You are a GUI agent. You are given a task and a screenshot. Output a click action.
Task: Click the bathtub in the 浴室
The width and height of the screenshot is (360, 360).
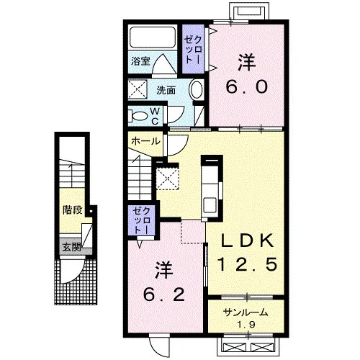[x=153, y=37]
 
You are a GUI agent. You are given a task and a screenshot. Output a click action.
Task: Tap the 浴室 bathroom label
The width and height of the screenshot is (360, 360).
[x=140, y=61]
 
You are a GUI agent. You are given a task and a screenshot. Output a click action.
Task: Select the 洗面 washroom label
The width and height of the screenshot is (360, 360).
[x=166, y=90]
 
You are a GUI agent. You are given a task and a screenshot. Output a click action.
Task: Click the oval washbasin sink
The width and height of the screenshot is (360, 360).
[x=197, y=90]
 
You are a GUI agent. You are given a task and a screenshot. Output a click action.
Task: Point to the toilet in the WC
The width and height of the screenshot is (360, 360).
[x=138, y=116]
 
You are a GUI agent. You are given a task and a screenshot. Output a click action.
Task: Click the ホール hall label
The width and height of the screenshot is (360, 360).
[x=145, y=141]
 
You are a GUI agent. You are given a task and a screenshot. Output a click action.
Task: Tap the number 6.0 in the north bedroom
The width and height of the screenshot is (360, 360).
[x=246, y=86]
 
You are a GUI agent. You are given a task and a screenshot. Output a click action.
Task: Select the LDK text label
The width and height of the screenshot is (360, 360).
[x=248, y=240]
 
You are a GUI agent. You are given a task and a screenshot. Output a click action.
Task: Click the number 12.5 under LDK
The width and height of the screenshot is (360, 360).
[x=248, y=264]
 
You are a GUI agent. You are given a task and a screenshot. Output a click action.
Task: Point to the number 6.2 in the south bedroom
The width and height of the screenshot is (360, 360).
[x=164, y=294]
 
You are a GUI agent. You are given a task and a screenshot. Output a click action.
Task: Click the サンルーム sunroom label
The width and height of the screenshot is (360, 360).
[x=246, y=312]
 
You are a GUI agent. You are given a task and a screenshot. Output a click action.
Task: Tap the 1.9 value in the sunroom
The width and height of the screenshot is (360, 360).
[x=246, y=325]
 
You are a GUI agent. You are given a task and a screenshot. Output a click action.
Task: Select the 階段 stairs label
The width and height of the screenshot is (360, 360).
[x=73, y=210]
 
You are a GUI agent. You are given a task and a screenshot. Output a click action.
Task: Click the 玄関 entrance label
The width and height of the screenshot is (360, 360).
[x=72, y=247]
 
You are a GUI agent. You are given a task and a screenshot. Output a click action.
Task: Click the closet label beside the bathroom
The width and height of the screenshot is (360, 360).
[x=193, y=50]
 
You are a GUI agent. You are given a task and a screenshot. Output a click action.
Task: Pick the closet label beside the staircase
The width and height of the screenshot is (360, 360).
[x=142, y=220]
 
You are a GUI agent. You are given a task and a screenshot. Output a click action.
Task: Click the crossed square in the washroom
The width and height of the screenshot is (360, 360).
[x=138, y=89]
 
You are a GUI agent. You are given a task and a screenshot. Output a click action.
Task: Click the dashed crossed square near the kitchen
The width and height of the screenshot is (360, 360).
[x=167, y=179]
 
